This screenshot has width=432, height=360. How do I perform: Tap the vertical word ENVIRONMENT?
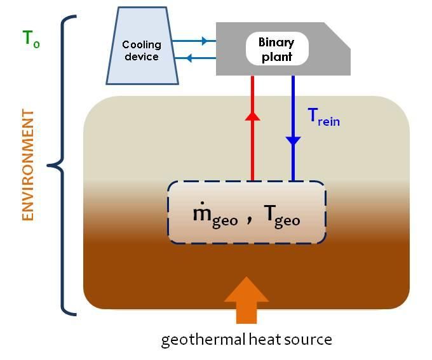tap(27, 165)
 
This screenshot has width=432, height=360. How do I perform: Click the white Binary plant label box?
tap(276, 48)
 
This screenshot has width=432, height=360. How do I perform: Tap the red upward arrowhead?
tap(253, 115)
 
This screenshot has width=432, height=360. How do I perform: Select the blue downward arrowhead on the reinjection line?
tap(293, 140)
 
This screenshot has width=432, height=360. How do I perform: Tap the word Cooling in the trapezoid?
tap(140, 44)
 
